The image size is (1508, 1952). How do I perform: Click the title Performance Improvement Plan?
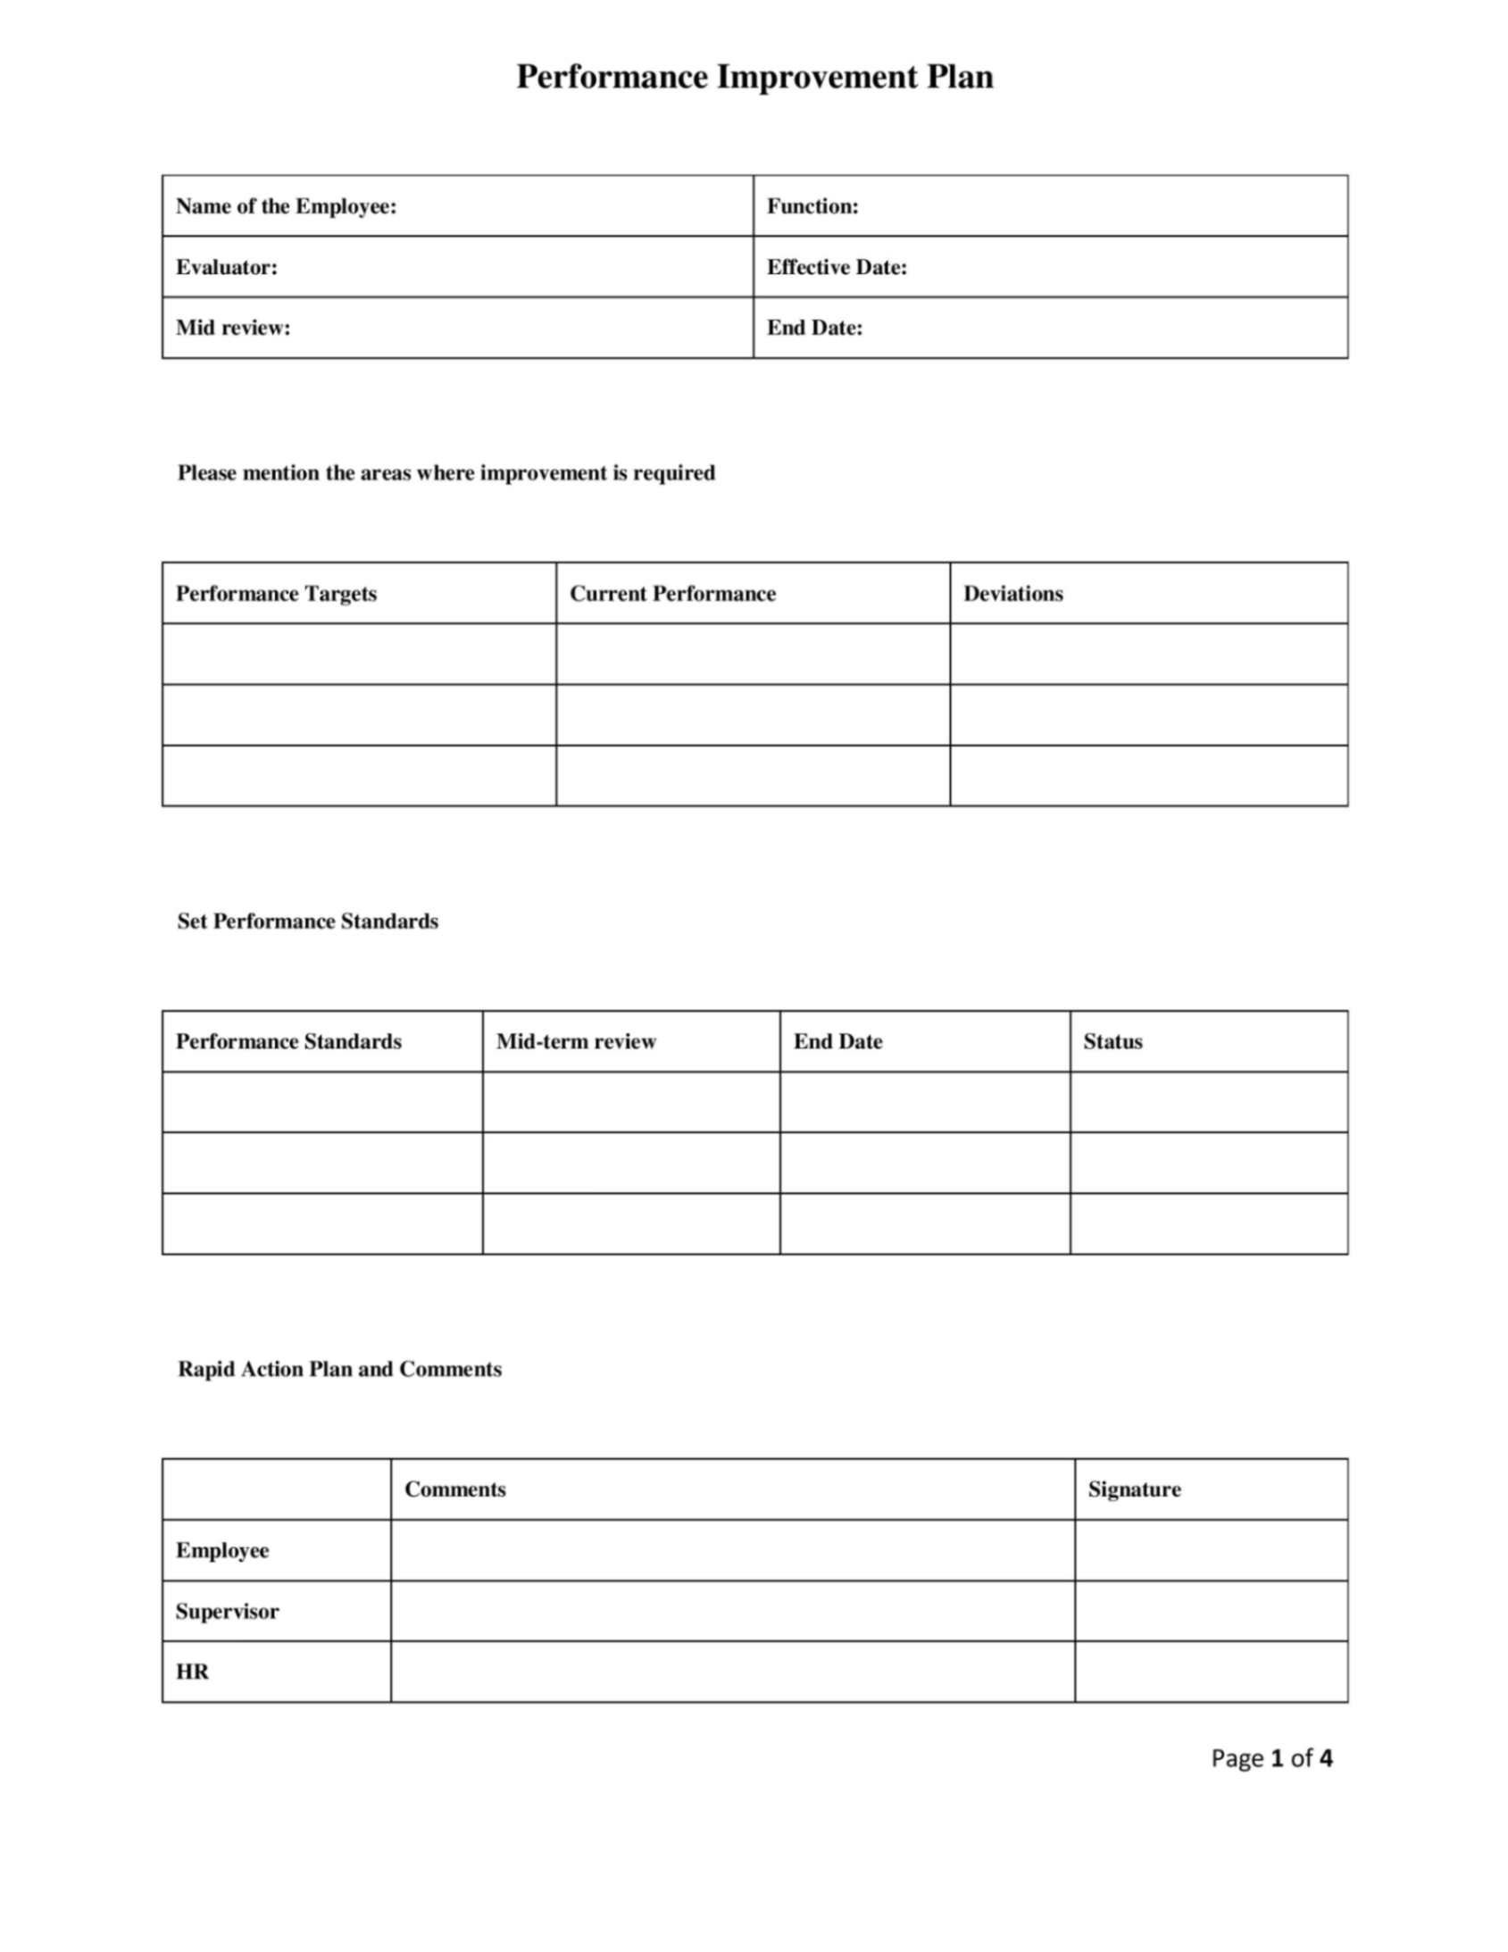754,78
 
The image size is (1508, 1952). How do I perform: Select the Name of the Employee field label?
286,206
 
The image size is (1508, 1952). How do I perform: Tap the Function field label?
812,206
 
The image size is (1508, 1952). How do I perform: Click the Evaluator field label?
226,267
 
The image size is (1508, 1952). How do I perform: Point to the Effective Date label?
836,267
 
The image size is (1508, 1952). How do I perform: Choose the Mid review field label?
232,328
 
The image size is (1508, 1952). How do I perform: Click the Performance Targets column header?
276,594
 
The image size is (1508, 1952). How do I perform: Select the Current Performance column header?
672,594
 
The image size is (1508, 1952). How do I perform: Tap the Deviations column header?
1012,594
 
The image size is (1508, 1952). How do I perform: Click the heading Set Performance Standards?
307,922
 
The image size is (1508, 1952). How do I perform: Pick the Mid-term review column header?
576,1041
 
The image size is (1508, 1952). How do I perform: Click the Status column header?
1112,1041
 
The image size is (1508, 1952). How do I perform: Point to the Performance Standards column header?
288,1041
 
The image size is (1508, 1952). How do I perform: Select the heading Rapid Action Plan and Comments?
339,1369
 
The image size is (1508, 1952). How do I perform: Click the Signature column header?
1134,1489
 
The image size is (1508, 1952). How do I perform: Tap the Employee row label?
221,1550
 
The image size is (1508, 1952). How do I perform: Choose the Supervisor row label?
227,1612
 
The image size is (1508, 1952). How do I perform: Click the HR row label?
192,1672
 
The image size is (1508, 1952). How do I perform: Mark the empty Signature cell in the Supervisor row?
1211,1611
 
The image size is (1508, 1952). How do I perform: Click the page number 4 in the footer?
1325,1758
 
